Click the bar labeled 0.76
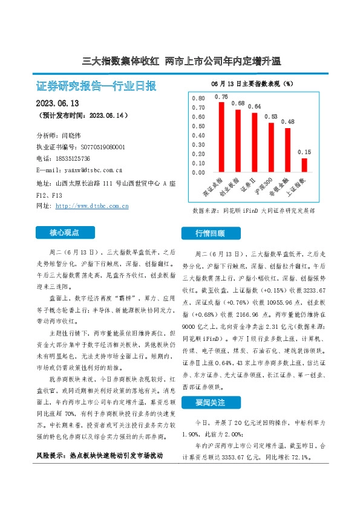click(x=221, y=137)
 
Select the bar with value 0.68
click(x=238, y=141)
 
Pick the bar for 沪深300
click(x=271, y=148)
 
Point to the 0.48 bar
click(x=287, y=150)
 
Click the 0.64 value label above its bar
click(x=254, y=106)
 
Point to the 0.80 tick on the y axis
click(x=198, y=98)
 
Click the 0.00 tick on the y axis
click(x=198, y=172)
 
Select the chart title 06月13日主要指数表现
click(x=252, y=82)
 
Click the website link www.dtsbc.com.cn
click(x=91, y=206)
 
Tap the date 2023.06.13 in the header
click(x=58, y=103)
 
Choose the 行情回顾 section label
click(x=209, y=233)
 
